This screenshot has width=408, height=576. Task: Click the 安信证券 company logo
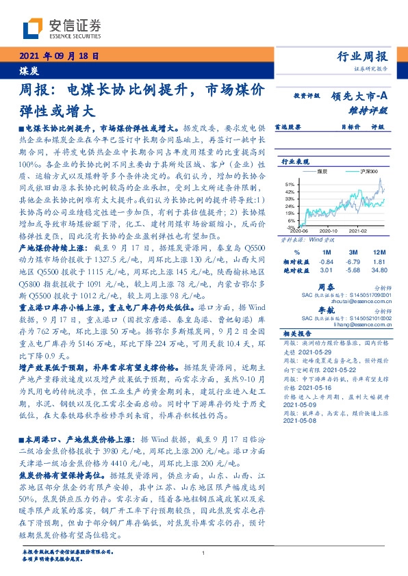coord(62,28)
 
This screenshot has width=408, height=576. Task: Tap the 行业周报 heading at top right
coord(363,56)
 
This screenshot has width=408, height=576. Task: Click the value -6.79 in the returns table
coord(353,261)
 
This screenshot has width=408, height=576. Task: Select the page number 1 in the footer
coord(204,553)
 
